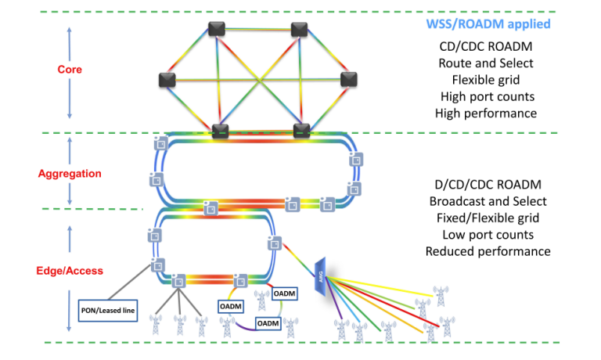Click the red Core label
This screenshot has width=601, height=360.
click(70, 70)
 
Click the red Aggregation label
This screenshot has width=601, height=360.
click(69, 172)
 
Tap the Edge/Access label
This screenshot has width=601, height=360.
click(70, 271)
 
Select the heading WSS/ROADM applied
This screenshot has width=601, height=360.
click(487, 24)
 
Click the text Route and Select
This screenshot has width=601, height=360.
click(487, 63)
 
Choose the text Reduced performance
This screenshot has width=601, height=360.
click(488, 251)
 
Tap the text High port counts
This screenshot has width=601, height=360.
click(487, 96)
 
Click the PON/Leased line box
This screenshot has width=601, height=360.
click(109, 311)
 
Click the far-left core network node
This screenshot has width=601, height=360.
click(167, 79)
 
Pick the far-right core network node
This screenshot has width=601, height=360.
click(349, 78)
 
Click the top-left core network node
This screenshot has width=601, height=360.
click(217, 29)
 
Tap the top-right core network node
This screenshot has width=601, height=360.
click(299, 29)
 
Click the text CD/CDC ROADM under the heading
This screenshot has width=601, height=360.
click(487, 46)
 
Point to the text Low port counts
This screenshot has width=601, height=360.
click(488, 234)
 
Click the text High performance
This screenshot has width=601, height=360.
click(487, 113)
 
